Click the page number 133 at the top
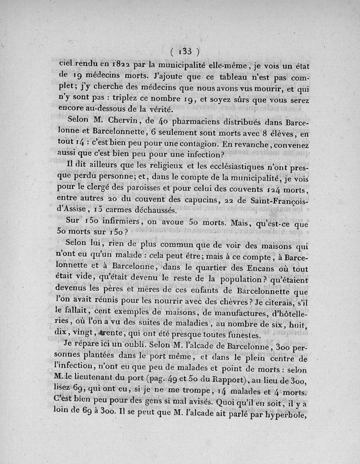tap(185, 50)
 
